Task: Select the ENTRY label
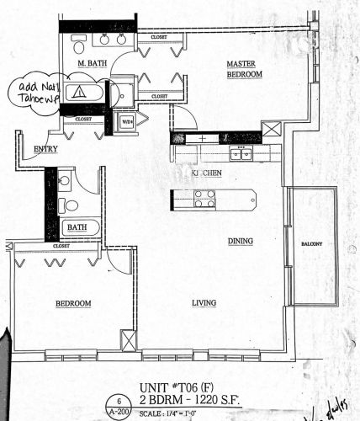coord(45,150)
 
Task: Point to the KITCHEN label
coord(205,173)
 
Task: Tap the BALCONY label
coord(312,245)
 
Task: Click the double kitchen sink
coord(241,153)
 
